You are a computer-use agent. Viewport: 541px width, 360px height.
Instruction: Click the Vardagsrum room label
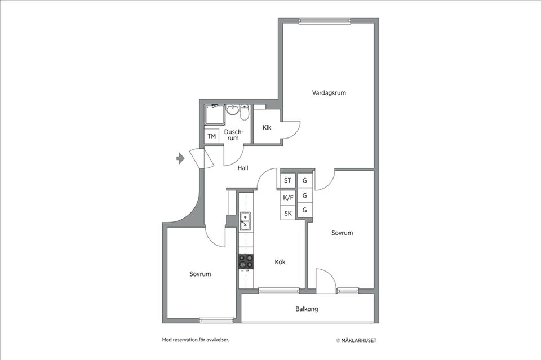coord(329,93)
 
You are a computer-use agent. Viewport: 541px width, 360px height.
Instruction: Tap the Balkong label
coord(307,309)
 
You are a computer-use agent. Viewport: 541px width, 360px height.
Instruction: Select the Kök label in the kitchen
coord(280,262)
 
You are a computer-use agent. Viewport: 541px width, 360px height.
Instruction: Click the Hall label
coord(243,168)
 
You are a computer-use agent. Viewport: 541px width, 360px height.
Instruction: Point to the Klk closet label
coord(267,127)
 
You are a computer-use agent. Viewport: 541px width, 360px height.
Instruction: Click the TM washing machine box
coord(212,136)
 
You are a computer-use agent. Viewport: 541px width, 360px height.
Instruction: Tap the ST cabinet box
coord(288,180)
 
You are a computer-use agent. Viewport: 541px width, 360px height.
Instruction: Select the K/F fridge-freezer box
coord(288,198)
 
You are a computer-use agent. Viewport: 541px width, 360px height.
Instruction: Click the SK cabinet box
coord(288,213)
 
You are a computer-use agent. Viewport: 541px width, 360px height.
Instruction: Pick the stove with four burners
coord(246,261)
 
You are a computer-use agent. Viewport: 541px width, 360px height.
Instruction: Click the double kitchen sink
coord(245,221)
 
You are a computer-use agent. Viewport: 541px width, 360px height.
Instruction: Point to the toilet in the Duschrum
coord(245,112)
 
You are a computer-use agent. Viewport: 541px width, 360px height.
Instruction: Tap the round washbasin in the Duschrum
coord(233,110)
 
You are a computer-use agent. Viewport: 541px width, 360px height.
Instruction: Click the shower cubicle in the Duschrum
coord(215,115)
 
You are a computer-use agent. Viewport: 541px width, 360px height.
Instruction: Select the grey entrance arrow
coord(180,158)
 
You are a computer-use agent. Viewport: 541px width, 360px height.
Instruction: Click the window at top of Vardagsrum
coord(325,21)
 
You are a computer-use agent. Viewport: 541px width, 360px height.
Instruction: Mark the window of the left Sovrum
coord(216,321)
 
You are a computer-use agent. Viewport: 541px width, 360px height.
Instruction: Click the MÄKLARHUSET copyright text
coord(356,340)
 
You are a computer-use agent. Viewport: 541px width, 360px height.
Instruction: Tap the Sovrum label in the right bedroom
coord(342,233)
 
